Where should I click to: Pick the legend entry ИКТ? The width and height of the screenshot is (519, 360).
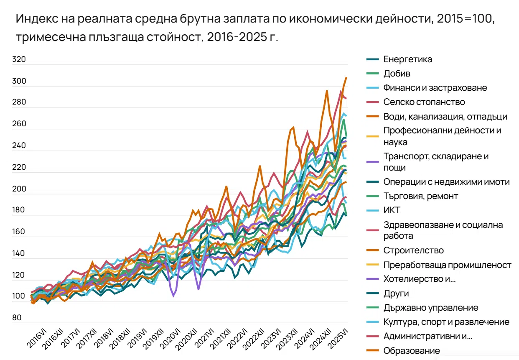392,210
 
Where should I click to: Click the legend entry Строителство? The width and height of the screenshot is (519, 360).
413,250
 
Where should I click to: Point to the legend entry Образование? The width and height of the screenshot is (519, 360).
411,350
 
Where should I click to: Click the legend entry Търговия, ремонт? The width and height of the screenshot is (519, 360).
420,196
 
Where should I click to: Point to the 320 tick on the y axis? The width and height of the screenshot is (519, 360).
19,59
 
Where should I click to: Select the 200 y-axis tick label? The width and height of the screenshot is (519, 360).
19,189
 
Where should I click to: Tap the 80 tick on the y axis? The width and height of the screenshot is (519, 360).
17,318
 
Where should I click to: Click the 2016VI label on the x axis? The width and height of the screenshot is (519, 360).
37,339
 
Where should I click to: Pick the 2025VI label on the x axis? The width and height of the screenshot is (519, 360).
338,339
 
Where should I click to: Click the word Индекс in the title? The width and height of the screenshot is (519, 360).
34,20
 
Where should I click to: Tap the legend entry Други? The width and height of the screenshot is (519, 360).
396,294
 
